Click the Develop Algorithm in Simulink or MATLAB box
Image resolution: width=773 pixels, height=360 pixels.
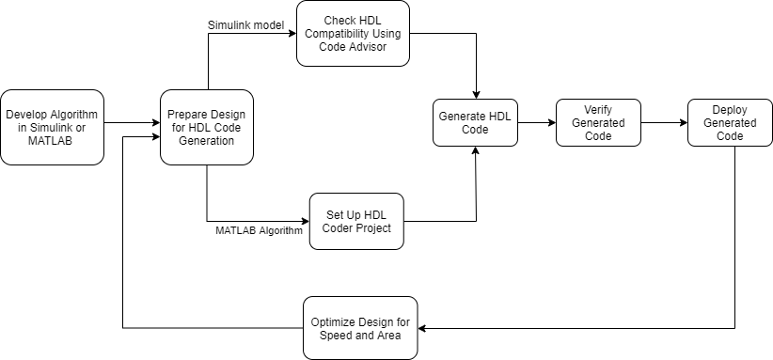click(x=52, y=127)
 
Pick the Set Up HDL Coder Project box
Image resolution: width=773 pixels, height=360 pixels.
click(x=355, y=221)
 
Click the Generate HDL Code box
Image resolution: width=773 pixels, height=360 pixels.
click(x=475, y=122)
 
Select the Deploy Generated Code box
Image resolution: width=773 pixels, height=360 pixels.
click(x=724, y=122)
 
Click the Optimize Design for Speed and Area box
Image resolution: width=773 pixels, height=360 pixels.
click(x=360, y=328)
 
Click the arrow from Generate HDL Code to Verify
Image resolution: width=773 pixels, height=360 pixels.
click(x=536, y=122)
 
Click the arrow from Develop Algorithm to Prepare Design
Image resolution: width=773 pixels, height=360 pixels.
click(x=131, y=122)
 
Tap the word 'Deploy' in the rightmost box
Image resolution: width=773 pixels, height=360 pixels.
click(x=724, y=110)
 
